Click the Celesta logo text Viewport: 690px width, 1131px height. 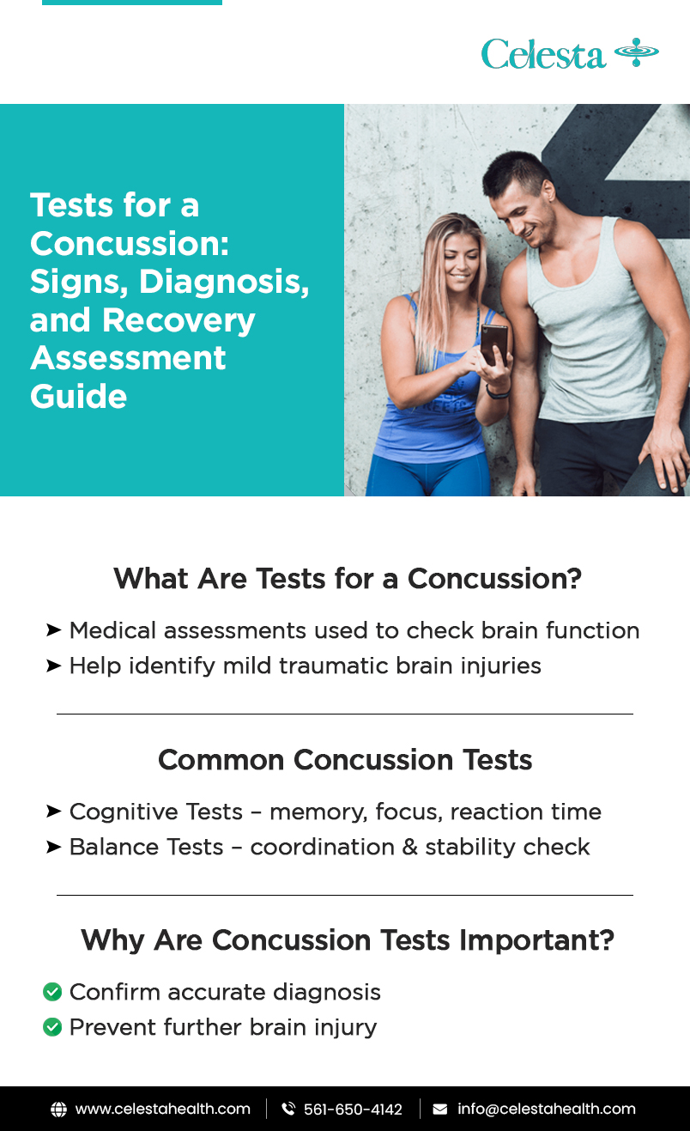[x=543, y=53]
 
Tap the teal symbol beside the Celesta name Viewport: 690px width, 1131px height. [x=637, y=52]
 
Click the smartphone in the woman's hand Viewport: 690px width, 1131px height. [x=493, y=344]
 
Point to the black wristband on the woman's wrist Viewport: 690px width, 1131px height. [x=498, y=392]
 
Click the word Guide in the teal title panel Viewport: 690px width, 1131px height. [x=78, y=396]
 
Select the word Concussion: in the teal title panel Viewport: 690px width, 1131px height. [x=130, y=243]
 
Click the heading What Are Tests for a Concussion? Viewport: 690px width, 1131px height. [x=348, y=578]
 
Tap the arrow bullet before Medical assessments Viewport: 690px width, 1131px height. [x=53, y=630]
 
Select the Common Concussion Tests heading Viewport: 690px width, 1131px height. [x=345, y=759]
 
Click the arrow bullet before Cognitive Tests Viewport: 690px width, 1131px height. [x=53, y=812]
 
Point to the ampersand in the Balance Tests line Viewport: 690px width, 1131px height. [x=410, y=847]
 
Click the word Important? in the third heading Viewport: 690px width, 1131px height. [x=536, y=940]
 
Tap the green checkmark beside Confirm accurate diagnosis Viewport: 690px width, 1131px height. [x=52, y=992]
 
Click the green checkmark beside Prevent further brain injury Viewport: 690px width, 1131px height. [x=52, y=1027]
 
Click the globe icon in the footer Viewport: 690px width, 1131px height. [x=58, y=1110]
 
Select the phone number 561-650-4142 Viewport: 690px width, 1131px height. [x=353, y=1110]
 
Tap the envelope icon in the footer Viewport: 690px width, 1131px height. [x=440, y=1110]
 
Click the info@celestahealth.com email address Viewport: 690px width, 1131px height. [x=546, y=1109]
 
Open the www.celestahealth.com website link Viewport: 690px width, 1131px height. [x=162, y=1109]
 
